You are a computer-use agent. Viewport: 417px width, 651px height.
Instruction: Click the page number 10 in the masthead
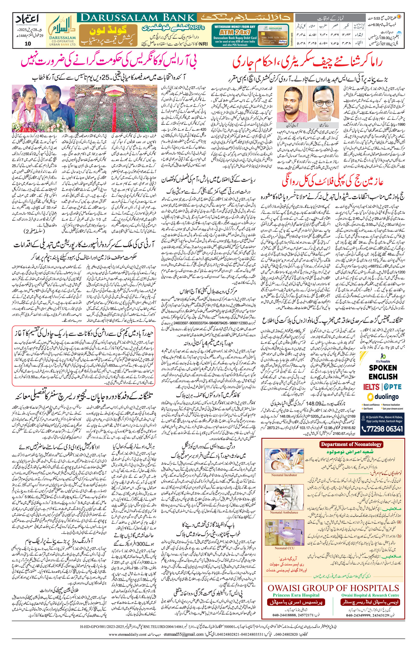coord(28,44)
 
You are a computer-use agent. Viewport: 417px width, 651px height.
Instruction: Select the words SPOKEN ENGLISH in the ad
coord(383,372)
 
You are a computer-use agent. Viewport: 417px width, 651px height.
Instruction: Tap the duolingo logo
coord(383,397)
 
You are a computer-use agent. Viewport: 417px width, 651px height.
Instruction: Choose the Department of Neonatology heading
coord(351,444)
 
